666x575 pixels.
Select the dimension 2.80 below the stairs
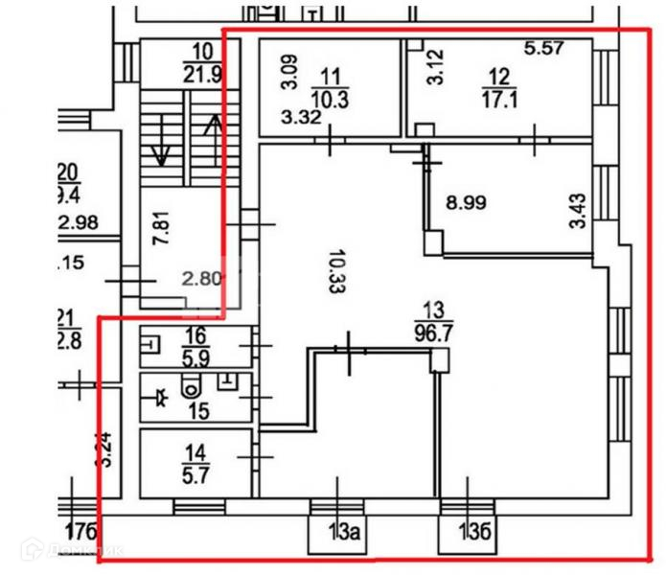pos(201,280)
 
